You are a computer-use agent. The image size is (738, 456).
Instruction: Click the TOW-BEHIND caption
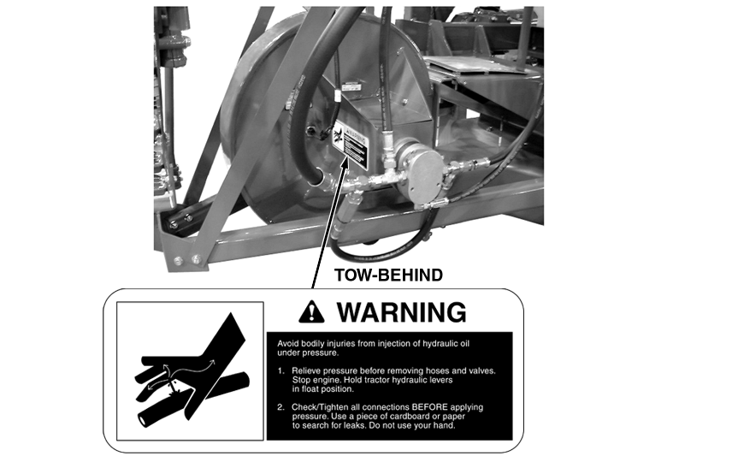[388, 275]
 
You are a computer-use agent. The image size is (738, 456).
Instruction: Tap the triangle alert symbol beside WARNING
[311, 313]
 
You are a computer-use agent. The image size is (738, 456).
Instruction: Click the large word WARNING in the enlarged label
[401, 312]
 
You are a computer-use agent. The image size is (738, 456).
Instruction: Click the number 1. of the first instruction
[281, 370]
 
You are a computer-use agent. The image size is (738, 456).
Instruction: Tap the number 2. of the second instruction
[281, 407]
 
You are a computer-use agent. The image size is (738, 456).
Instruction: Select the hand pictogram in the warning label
[191, 365]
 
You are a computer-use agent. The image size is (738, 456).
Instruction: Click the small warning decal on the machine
[350, 145]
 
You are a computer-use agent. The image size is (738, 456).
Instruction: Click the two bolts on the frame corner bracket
[187, 259]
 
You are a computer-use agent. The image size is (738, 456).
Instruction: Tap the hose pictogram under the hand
[194, 398]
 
